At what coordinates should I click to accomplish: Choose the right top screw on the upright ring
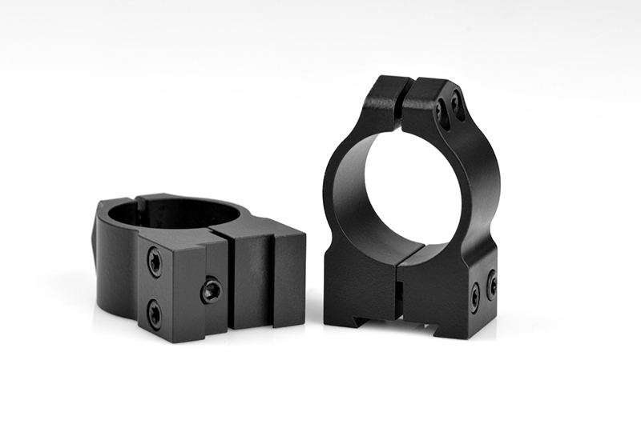click(458, 103)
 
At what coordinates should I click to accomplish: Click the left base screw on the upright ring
click(475, 297)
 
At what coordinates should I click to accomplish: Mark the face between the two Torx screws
click(155, 286)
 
